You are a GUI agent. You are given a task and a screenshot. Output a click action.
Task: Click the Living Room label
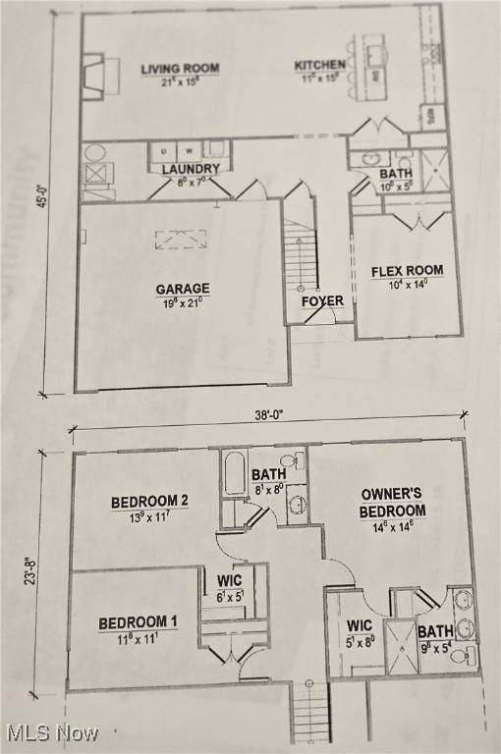tap(180, 69)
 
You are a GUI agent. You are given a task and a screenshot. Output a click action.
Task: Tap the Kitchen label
tap(319, 66)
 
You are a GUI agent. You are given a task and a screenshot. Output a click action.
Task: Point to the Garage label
tap(183, 289)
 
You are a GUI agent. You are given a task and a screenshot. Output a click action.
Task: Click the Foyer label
tap(322, 301)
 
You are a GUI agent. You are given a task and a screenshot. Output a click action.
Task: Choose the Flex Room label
tap(407, 271)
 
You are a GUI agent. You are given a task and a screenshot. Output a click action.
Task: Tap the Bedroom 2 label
tap(149, 502)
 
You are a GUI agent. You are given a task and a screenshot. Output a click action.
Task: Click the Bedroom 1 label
tap(138, 622)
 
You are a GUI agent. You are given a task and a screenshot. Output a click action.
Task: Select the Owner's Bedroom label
tap(393, 503)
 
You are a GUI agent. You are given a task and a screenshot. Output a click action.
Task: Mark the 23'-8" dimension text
tap(30, 573)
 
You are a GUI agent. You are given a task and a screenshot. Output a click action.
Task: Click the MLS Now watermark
tap(51, 732)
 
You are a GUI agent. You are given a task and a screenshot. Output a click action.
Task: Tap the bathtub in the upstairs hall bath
tap(235, 474)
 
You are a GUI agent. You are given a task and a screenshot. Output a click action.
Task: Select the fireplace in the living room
tap(98, 76)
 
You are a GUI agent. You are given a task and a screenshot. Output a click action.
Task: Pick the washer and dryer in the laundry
tap(177, 151)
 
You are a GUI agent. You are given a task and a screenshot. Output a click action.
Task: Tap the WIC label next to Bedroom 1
tap(229, 580)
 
